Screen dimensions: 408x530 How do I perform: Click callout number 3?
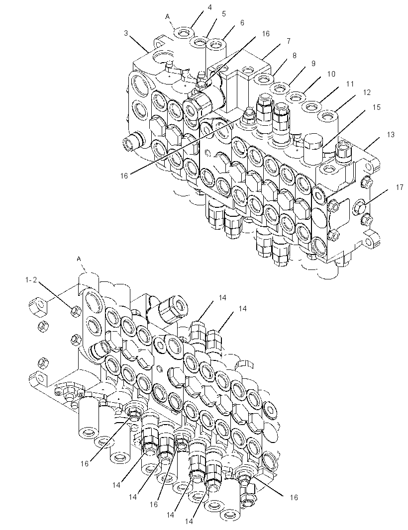[x=126, y=33]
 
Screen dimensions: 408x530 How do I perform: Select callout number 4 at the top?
[x=210, y=7]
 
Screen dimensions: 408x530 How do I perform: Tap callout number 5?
[x=224, y=14]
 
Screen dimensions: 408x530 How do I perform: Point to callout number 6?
[x=242, y=23]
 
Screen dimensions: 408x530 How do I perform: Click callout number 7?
[x=288, y=41]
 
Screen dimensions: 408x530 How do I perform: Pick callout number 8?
[x=295, y=55]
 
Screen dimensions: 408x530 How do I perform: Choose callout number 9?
[x=313, y=63]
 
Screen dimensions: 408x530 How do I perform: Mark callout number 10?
[x=331, y=74]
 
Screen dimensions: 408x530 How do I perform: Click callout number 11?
[x=350, y=83]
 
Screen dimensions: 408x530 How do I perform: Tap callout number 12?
[x=367, y=92]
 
